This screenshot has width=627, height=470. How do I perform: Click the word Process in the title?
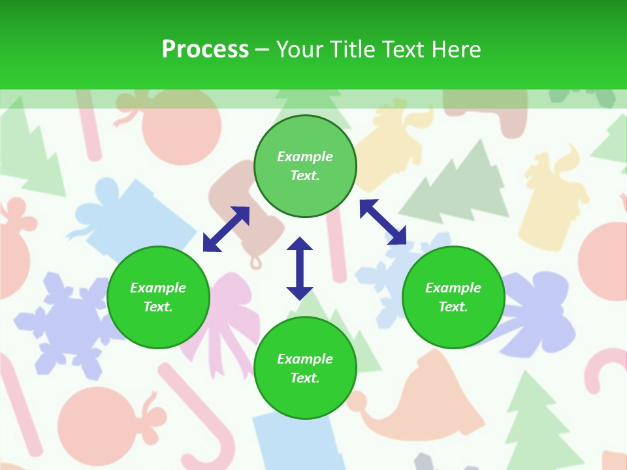click(x=205, y=50)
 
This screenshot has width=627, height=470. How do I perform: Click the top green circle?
click(x=305, y=166)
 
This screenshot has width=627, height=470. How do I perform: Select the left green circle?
click(x=158, y=297)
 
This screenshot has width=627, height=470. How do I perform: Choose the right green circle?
click(x=453, y=297)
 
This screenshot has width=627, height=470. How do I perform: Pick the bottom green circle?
click(x=305, y=368)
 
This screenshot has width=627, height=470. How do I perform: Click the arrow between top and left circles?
click(x=226, y=229)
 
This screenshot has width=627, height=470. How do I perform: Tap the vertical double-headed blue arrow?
click(x=300, y=268)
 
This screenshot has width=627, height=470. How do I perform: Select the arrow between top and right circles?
click(x=383, y=222)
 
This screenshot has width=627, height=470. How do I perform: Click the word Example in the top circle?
click(x=305, y=157)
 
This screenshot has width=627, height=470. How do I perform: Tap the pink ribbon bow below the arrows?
click(x=229, y=313)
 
